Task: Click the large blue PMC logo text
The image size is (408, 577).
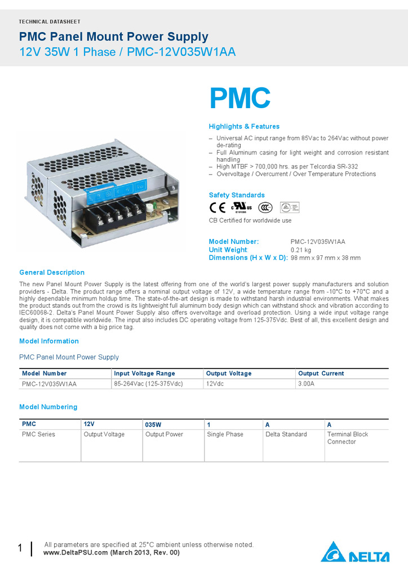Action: point(240,99)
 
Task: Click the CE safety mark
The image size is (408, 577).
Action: point(218,207)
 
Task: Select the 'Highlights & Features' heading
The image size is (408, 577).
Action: point(244,126)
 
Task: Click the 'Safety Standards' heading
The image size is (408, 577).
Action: point(237,195)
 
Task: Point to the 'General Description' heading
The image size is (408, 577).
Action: point(52,272)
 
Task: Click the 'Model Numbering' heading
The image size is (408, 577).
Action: point(48,407)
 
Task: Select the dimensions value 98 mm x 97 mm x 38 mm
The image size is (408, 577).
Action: point(326,258)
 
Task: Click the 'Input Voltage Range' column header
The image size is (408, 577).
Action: point(144,374)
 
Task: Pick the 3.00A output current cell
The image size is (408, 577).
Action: point(306,384)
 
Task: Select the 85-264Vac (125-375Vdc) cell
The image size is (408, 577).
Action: point(148,384)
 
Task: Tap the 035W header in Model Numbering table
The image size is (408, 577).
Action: point(153,424)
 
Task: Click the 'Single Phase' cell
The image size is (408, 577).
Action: point(225,434)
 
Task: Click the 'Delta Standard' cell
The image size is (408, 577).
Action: point(286,434)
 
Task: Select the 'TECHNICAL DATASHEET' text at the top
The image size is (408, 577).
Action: point(50,21)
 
